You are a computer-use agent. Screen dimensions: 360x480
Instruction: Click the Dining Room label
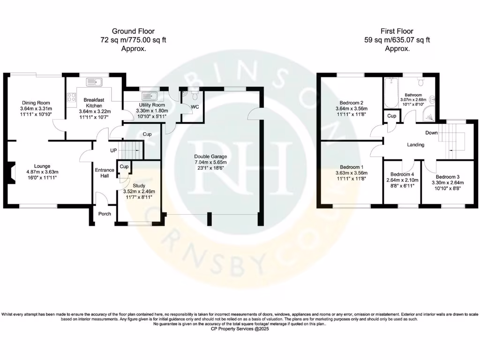tap(36, 103)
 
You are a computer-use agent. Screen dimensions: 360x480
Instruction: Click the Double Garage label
tap(211, 157)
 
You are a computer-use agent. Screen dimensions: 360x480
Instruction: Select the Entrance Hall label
tap(105, 173)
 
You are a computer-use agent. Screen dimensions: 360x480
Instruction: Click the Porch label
tap(105, 214)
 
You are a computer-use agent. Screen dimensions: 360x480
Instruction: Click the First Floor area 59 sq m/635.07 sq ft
tap(397, 40)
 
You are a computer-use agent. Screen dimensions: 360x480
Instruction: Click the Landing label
tap(415, 145)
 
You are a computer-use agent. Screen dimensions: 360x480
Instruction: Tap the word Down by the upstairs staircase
tap(431, 133)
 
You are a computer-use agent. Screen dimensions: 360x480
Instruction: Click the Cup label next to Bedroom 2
tap(390, 116)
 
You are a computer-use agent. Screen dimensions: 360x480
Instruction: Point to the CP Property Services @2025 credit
tap(240, 329)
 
